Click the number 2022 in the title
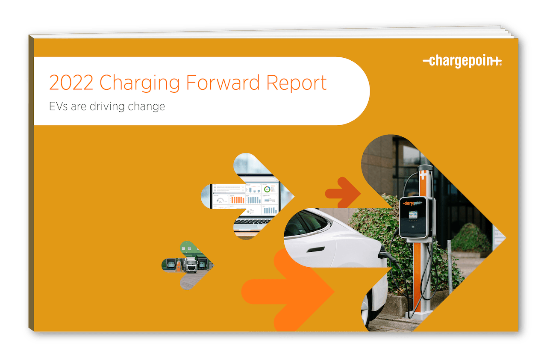click(x=71, y=83)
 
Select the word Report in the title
click(x=297, y=83)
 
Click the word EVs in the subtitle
click(x=59, y=106)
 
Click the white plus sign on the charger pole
click(x=423, y=176)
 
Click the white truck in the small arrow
click(x=190, y=265)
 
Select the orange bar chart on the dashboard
click(x=237, y=199)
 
